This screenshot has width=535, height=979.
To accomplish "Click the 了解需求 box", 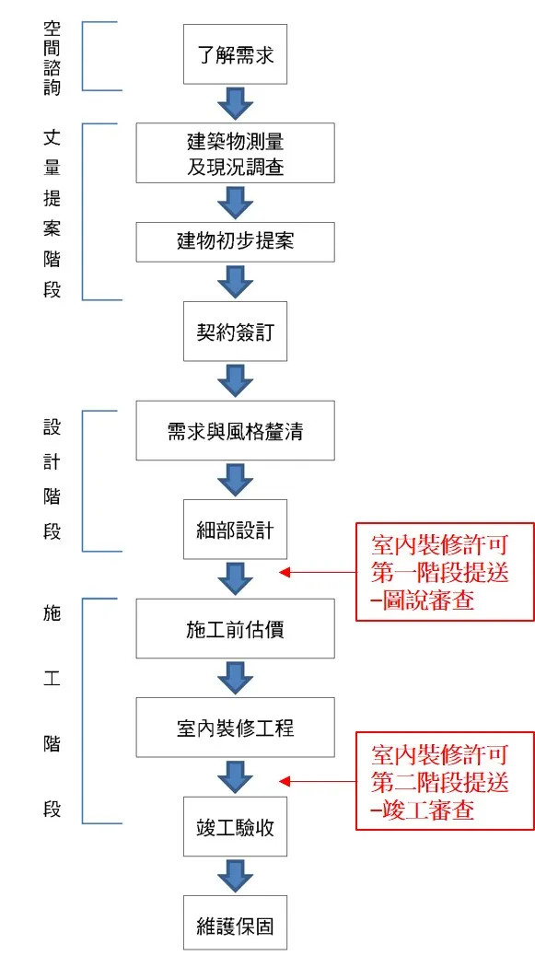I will pyautogui.click(x=236, y=54).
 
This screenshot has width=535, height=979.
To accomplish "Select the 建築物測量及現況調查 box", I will pyautogui.click(x=236, y=153).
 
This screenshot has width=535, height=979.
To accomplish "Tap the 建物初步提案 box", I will pyautogui.click(x=236, y=241).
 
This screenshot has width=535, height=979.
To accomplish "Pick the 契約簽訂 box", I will pyautogui.click(x=236, y=331).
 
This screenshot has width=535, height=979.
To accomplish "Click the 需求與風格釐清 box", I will pyautogui.click(x=236, y=430).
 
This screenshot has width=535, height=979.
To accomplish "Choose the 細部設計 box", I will pyautogui.click(x=236, y=530).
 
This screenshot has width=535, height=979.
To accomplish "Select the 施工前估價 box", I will pyautogui.click(x=236, y=628).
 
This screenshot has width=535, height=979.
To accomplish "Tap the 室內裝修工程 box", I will pyautogui.click(x=236, y=728).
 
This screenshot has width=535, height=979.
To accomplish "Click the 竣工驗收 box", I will pyautogui.click(x=236, y=825).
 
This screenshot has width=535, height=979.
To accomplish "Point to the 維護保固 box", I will pyautogui.click(x=236, y=924).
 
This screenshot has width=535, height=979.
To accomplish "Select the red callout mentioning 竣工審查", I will pyautogui.click(x=445, y=781).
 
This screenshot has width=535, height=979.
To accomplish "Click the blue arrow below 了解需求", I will pyautogui.click(x=236, y=102).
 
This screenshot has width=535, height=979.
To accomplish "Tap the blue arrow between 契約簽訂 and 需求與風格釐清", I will pyautogui.click(x=236, y=380).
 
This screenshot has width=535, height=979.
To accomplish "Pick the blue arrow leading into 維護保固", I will pyautogui.click(x=236, y=875).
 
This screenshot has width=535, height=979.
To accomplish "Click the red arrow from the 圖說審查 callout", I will pyautogui.click(x=317, y=572).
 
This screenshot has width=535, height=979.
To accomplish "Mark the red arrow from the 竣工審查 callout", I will pyautogui.click(x=317, y=781).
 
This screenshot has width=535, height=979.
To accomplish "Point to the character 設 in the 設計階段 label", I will pyautogui.click(x=52, y=427).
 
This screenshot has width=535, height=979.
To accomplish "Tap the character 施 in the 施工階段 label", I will pyautogui.click(x=52, y=613).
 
